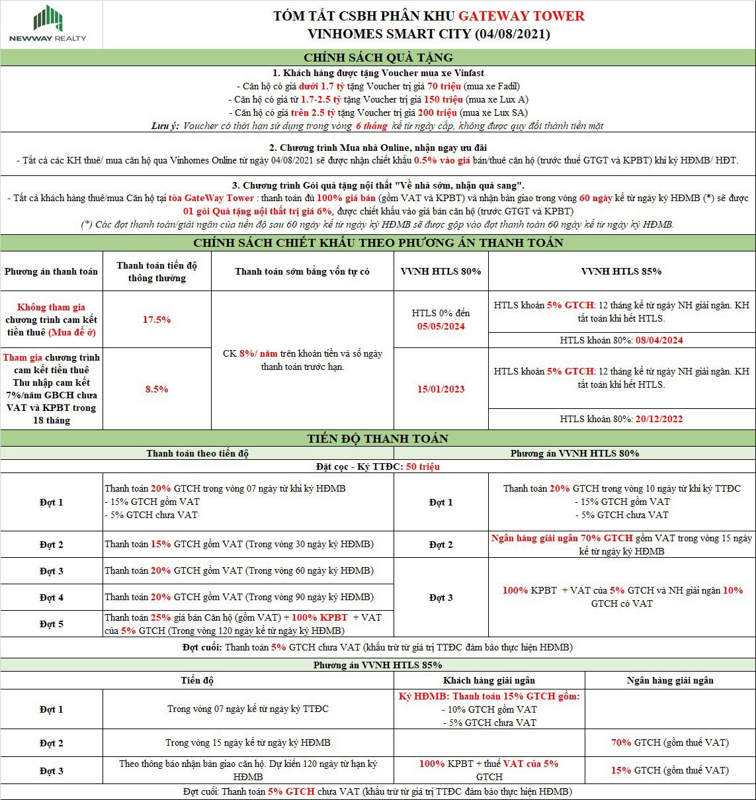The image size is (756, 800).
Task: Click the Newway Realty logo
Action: click(x=47, y=24)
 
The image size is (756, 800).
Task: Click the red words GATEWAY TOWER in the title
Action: click(x=521, y=16)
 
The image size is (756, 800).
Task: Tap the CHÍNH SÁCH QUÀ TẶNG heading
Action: click(x=378, y=58)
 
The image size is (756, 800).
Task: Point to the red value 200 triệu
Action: click(x=453, y=112)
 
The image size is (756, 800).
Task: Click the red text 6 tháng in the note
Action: click(x=371, y=126)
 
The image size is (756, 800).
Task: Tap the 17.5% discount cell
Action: click(x=157, y=320)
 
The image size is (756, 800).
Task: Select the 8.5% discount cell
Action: click(x=157, y=389)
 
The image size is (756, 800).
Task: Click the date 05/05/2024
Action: click(x=441, y=326)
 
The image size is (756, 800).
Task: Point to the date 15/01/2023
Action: click(x=441, y=389)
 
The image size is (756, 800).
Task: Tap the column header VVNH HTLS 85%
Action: click(x=621, y=271)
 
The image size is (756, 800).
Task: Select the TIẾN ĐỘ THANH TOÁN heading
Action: click(x=378, y=439)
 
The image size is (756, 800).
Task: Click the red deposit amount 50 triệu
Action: click(x=423, y=467)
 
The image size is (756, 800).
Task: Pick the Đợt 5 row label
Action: click(x=51, y=624)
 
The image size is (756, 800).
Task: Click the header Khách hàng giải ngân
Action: click(x=489, y=680)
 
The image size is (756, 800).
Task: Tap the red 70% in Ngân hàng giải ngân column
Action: click(x=621, y=742)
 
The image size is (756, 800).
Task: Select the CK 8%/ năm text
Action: click(x=251, y=353)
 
